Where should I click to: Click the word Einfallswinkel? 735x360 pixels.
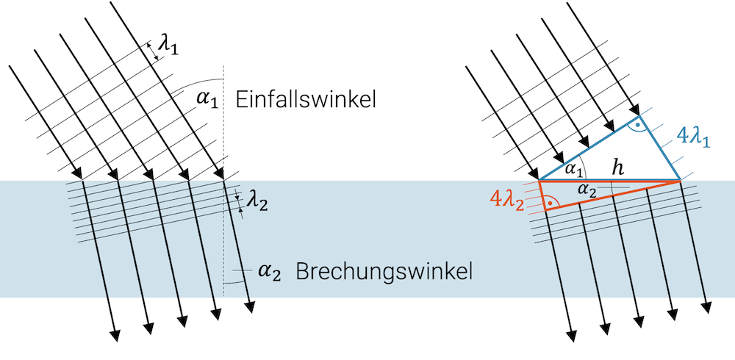coord(306,101)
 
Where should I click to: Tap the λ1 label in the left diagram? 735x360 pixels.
coord(169,46)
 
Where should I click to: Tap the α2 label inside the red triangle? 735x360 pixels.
coord(587,190)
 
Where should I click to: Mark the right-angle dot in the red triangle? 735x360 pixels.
coord(551,201)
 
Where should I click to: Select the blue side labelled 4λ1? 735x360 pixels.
coord(659,147)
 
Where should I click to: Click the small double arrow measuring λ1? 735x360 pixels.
coord(153,51)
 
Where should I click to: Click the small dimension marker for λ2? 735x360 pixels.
coord(240,203)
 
